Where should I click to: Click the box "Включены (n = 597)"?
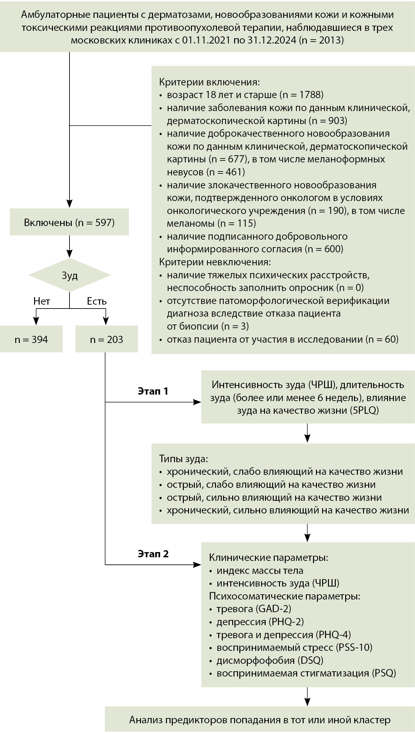pyautogui.click(x=69, y=223)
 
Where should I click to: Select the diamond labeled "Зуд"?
pyautogui.click(x=69, y=275)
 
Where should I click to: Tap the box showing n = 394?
pyautogui.click(x=31, y=340)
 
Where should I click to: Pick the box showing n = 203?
pyautogui.click(x=107, y=340)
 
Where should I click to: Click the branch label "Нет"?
pyautogui.click(x=42, y=301)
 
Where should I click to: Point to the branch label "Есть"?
pyautogui.click(x=97, y=301)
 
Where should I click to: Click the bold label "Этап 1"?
pyautogui.click(x=153, y=391)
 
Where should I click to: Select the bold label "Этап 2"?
pyautogui.click(x=153, y=554)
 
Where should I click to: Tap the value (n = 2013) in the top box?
pyautogui.click(x=321, y=41)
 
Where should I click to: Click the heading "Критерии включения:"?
pyautogui.click(x=209, y=82)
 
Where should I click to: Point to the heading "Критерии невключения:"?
pyautogui.click(x=215, y=262)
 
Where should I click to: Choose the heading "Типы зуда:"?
pyautogui.click(x=183, y=459)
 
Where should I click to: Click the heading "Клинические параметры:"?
pyautogui.click(x=268, y=558)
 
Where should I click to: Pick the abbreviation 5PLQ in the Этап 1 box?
pyautogui.click(x=364, y=411)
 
